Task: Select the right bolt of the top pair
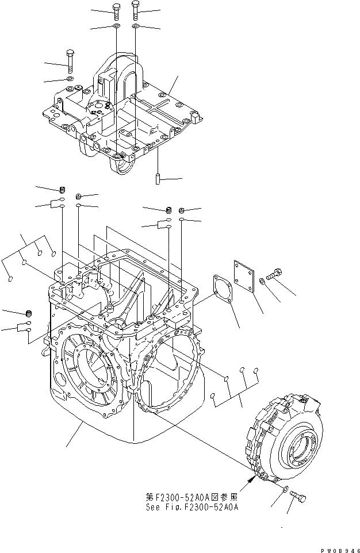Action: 135,10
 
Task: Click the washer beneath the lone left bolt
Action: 70,78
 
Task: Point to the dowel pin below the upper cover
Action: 157,178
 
